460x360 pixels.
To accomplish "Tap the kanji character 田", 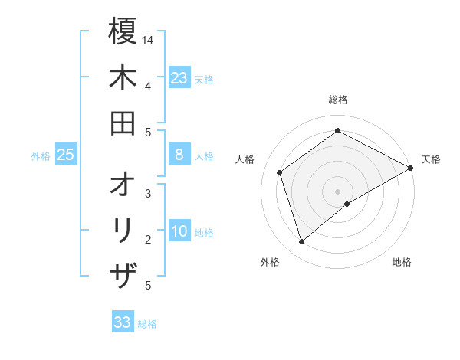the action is coord(123,123).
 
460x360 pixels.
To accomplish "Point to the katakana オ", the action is coord(123,185).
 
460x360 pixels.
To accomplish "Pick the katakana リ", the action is coord(123,231).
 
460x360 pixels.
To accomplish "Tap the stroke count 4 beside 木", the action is coord(147,86).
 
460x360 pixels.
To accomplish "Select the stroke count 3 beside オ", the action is coord(147,193).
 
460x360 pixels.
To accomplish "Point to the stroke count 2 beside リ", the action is coord(147,239).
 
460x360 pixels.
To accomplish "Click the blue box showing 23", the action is coord(179,78).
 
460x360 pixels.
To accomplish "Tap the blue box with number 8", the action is coord(179,155).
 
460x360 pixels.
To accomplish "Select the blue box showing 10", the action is coord(179,231).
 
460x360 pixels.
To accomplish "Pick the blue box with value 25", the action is coord(66,155).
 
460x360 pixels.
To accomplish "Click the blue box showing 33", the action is coord(123,322).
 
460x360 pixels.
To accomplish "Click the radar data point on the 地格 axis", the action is coord(347,204).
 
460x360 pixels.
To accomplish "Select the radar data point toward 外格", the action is coord(301,242).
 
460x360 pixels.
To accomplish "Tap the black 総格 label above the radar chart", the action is coord(338,100).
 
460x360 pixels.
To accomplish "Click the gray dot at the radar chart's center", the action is coord(338,191).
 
